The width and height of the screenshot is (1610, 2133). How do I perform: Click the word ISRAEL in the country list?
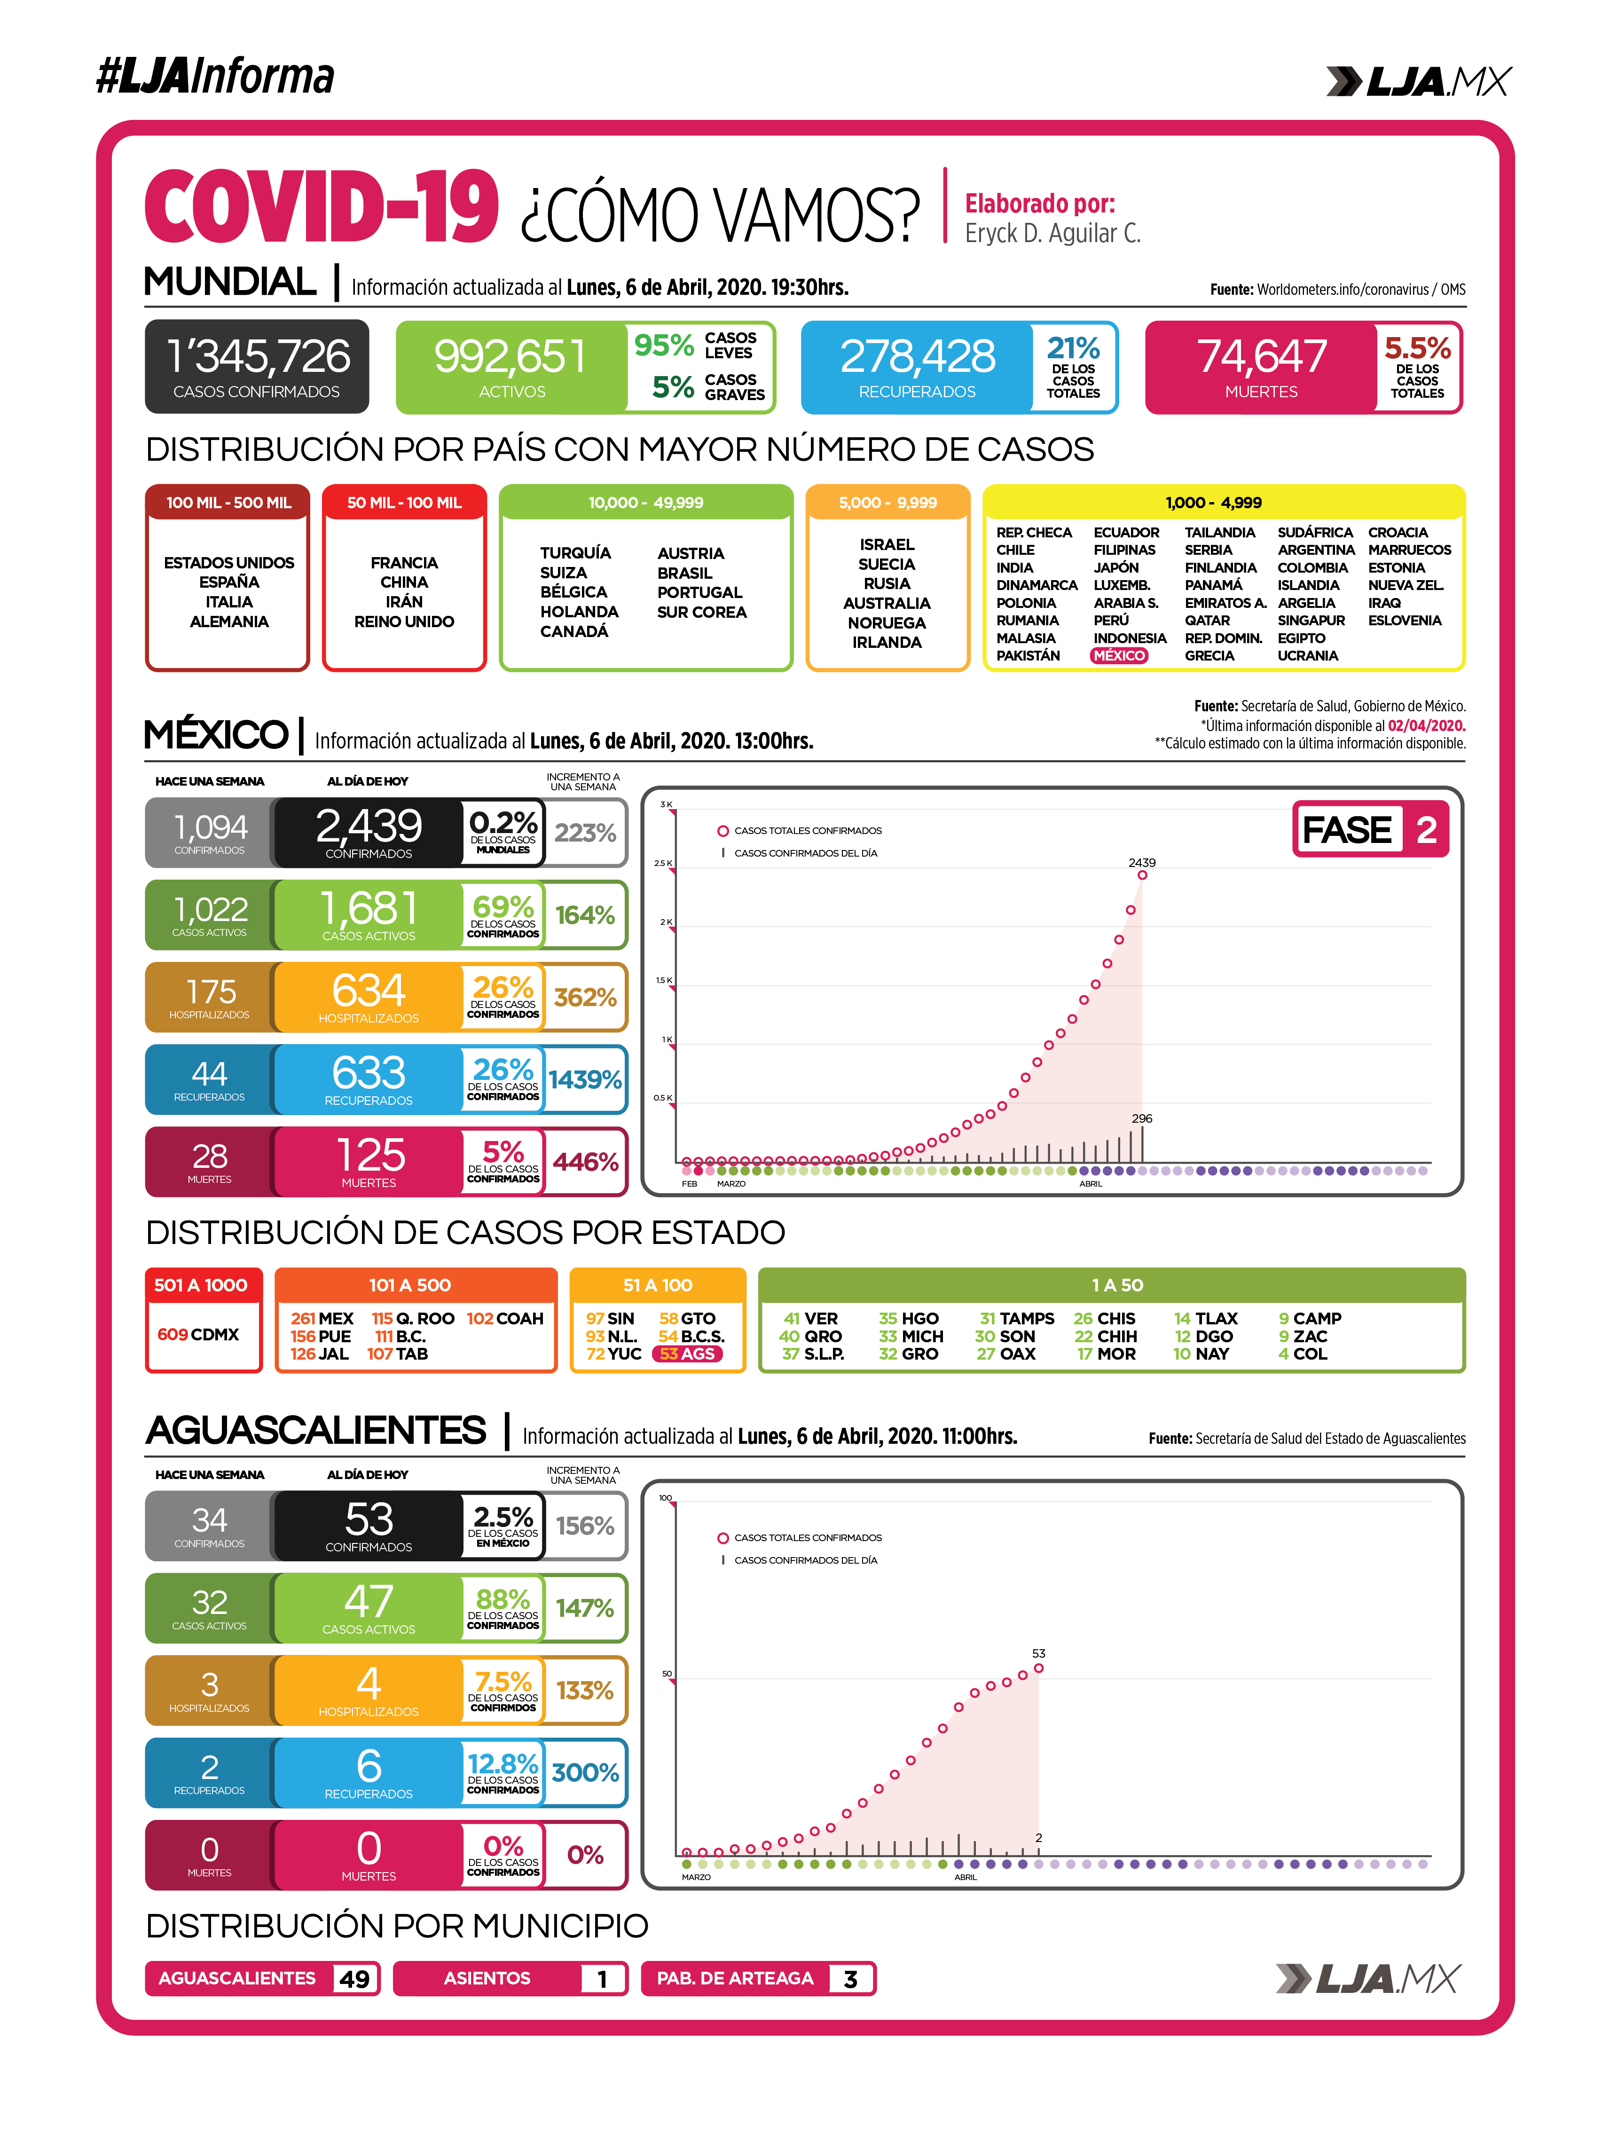pos(886,545)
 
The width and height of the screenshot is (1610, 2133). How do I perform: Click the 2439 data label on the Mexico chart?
pos(1141,862)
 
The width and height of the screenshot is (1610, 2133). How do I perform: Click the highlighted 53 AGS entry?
pos(687,1354)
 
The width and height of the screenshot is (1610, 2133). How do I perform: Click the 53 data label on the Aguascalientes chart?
pos(1038,1653)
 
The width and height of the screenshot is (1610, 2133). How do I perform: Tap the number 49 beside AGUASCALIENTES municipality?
pos(354,1979)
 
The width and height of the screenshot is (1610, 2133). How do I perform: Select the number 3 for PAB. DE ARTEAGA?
pos(850,1979)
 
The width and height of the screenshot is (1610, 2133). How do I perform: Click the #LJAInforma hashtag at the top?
pos(215,76)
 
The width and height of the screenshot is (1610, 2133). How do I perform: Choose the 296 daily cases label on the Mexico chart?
pos(1141,1118)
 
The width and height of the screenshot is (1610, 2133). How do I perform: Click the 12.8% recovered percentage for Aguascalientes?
pos(503,1763)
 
